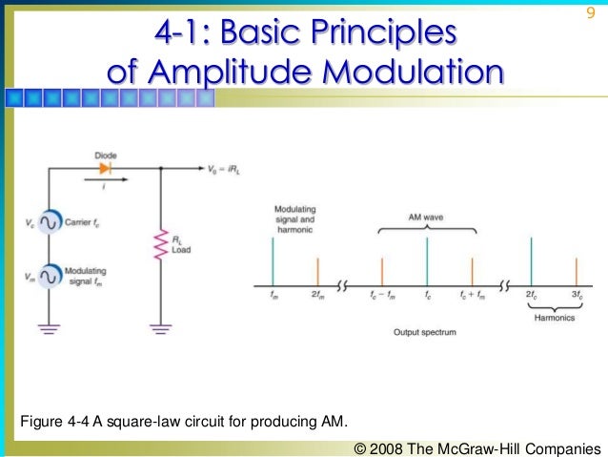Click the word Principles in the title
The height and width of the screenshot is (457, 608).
pos(378,33)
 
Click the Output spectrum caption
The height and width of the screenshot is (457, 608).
pos(426,333)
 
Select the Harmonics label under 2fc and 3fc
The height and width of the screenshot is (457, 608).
pos(553,319)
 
